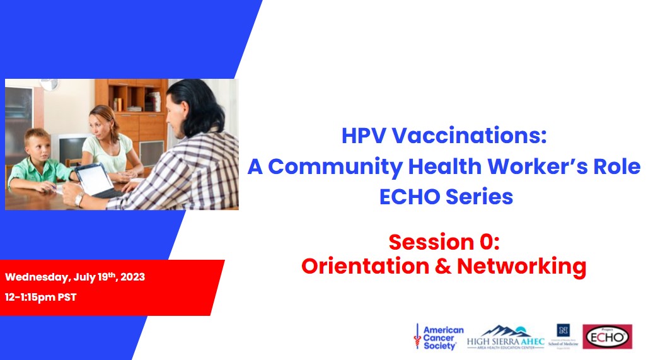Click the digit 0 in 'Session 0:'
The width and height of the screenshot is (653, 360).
point(483,241)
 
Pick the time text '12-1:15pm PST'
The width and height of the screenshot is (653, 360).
point(40,297)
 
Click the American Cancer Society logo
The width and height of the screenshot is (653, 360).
point(439,337)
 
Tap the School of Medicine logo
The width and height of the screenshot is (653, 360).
point(563,337)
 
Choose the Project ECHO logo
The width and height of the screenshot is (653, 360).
point(607,337)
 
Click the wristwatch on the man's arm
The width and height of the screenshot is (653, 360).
point(79,200)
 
